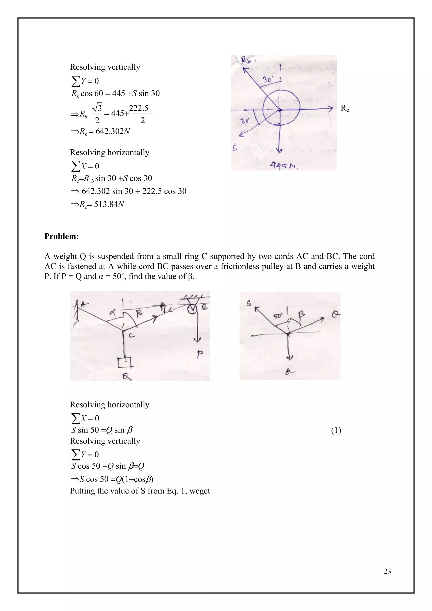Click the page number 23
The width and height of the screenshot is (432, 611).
387,571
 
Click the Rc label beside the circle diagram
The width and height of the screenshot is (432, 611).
344,108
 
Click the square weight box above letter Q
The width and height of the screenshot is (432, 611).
124,363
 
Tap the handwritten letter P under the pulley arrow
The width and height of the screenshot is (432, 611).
200,354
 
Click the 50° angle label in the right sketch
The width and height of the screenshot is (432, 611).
278,317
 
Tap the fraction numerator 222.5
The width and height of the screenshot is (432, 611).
139,108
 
